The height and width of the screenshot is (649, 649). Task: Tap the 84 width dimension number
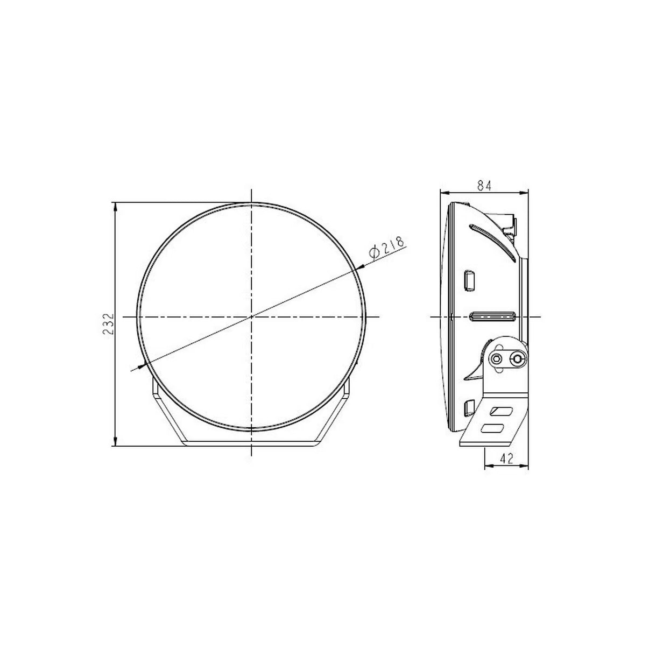tap(484, 186)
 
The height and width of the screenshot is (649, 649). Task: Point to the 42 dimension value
tap(506, 458)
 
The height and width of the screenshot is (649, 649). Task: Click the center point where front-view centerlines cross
tap(251, 317)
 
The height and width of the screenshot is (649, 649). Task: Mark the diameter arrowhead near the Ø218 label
tap(359, 267)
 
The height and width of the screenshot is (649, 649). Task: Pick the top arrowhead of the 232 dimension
tap(116, 207)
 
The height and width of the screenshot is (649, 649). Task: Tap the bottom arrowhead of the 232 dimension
tap(116, 441)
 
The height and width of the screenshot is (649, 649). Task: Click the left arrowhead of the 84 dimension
tap(445, 193)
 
